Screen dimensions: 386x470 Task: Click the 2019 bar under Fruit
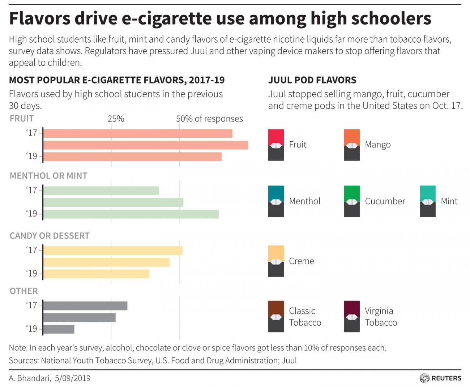pyautogui.click(x=132, y=156)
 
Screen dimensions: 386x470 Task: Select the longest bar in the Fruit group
pyautogui.click(x=145, y=145)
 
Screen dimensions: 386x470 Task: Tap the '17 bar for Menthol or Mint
pyautogui.click(x=101, y=190)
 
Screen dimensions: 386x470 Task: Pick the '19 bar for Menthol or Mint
pyautogui.click(x=131, y=214)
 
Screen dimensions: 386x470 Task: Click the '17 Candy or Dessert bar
pyautogui.click(x=113, y=250)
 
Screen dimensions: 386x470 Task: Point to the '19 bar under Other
pyautogui.click(x=59, y=329)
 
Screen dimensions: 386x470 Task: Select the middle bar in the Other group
pyautogui.click(x=80, y=317)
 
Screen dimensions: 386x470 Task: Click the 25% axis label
pyautogui.click(x=116, y=119)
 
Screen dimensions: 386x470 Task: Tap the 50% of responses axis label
pyautogui.click(x=209, y=119)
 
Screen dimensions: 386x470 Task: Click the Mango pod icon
pyautogui.click(x=352, y=145)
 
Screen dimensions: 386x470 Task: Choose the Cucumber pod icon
pyautogui.click(x=352, y=201)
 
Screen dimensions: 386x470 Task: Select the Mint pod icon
pyautogui.click(x=428, y=201)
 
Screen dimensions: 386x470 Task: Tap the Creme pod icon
pyautogui.click(x=276, y=261)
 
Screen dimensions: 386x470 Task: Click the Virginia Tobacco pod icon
pyautogui.click(x=352, y=316)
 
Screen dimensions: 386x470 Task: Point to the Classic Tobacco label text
pyautogui.click(x=305, y=317)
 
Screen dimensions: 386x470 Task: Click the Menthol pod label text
pyautogui.click(x=304, y=201)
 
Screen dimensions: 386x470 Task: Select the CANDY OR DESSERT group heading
pyautogui.click(x=50, y=236)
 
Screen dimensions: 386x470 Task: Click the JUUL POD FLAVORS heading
pyautogui.click(x=312, y=80)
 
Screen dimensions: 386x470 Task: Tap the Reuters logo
pyautogui.click(x=440, y=378)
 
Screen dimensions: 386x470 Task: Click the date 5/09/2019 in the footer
pyautogui.click(x=73, y=378)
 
